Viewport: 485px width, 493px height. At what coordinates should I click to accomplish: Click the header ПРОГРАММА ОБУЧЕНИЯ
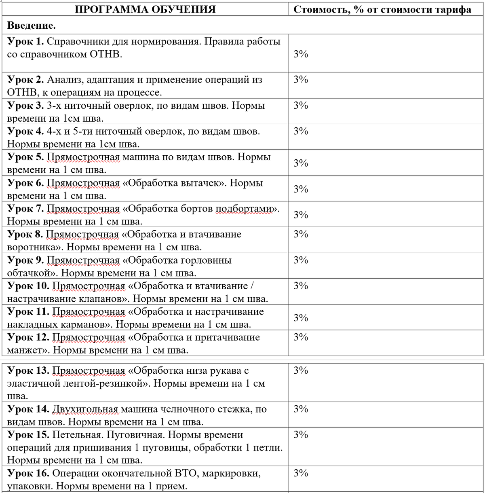pyautogui.click(x=145, y=9)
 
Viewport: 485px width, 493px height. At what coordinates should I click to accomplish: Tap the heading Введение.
pyautogui.click(x=32, y=26)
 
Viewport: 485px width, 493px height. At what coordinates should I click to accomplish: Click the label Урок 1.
pyautogui.click(x=25, y=41)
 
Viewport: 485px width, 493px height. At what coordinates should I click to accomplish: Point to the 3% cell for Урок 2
pyautogui.click(x=301, y=80)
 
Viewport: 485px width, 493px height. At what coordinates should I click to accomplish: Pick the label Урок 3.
pyautogui.click(x=25, y=106)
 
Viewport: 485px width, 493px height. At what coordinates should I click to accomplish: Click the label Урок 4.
pyautogui.click(x=25, y=131)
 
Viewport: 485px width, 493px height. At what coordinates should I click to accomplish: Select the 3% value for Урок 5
pyautogui.click(x=301, y=163)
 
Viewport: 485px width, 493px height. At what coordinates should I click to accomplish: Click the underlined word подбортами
pyautogui.click(x=244, y=209)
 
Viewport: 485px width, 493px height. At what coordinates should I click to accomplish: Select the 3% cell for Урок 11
pyautogui.click(x=301, y=318)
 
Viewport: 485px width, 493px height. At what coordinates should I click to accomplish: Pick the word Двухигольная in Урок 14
pyautogui.click(x=85, y=409)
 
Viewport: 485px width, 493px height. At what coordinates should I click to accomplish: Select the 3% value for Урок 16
pyautogui.click(x=301, y=473)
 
